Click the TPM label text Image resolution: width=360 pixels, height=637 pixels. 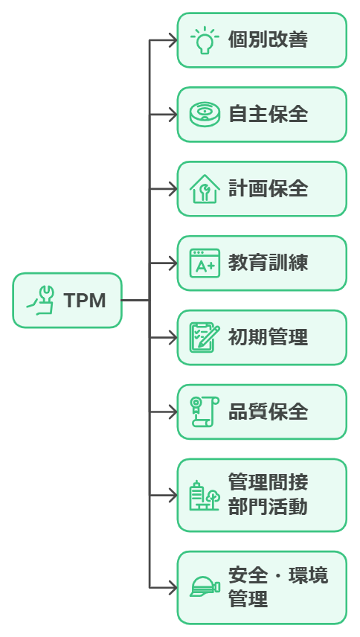point(84,301)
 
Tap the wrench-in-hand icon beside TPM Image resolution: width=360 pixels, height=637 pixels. point(42,301)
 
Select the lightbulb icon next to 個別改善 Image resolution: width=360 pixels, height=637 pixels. point(205,40)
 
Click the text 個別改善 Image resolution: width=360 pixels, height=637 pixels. point(268,40)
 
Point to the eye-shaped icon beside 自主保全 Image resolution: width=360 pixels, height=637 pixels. point(205,115)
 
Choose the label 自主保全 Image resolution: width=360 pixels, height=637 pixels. point(268,115)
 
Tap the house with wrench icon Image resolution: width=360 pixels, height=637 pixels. point(205,189)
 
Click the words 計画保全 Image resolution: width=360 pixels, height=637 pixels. point(268,189)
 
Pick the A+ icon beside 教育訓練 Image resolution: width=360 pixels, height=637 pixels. point(205,263)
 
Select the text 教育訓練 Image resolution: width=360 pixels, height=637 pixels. point(268,263)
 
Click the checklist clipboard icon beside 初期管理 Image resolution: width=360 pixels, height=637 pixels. point(205,338)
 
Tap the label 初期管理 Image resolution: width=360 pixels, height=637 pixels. point(268,338)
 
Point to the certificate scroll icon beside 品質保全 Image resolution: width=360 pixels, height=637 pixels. point(205,412)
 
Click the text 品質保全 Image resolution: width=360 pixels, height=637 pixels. point(268,412)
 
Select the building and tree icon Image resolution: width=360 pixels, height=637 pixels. point(205,496)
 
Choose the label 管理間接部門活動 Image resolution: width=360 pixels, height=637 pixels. point(268,496)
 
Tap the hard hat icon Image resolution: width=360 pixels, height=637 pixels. point(205,587)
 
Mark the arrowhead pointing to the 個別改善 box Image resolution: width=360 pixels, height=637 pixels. point(172,40)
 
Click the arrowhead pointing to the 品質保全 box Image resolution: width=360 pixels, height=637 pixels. point(172,412)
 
